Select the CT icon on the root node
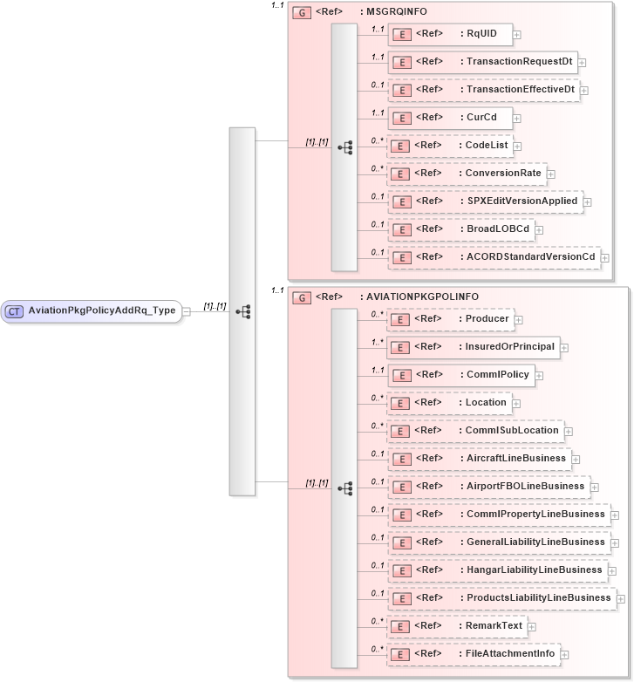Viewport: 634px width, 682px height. [x=15, y=310]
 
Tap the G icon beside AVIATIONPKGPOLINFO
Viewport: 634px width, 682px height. [x=302, y=297]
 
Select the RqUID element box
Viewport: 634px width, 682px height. [x=449, y=34]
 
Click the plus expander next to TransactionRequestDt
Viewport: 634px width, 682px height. [x=582, y=63]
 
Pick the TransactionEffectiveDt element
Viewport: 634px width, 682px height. [x=483, y=90]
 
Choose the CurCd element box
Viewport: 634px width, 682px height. [x=449, y=118]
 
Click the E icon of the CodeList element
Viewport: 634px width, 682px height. [x=400, y=147]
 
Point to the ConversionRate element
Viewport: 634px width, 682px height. [x=467, y=174]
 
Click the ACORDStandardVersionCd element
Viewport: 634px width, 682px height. [x=493, y=257]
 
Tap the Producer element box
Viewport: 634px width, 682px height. [x=449, y=319]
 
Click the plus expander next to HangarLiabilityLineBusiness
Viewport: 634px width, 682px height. [x=611, y=571]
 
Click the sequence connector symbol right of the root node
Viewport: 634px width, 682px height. [x=243, y=310]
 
